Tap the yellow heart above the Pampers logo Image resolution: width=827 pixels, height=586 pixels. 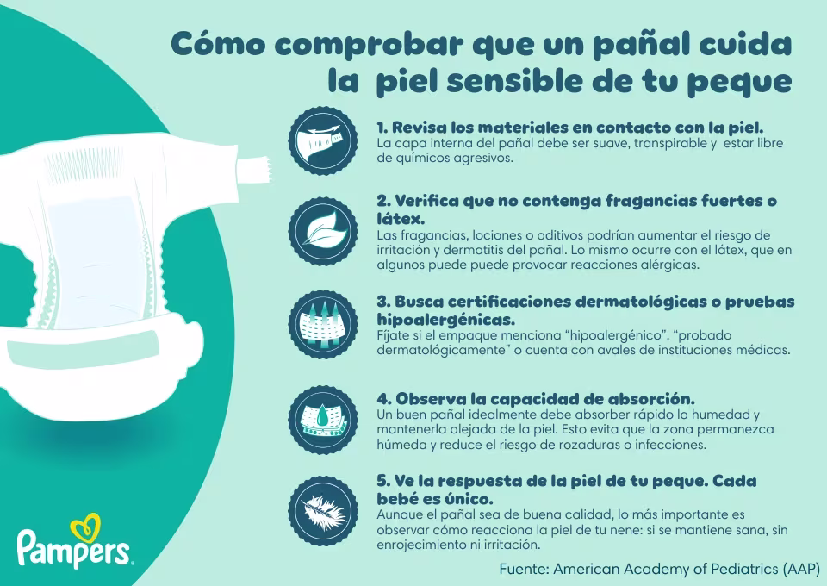85,524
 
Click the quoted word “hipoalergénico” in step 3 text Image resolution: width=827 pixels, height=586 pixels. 619,334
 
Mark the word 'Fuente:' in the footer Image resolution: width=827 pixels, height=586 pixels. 524,569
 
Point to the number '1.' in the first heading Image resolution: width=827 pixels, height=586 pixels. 383,126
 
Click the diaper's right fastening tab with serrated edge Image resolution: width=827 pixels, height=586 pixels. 251,167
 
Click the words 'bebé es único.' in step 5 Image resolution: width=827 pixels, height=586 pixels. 435,499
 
